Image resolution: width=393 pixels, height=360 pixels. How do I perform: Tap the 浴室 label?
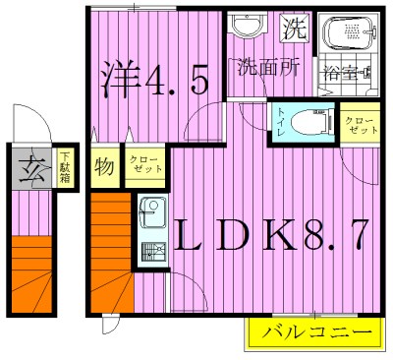pos(348,73)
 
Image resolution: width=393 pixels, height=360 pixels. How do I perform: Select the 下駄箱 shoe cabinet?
pos(63,164)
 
